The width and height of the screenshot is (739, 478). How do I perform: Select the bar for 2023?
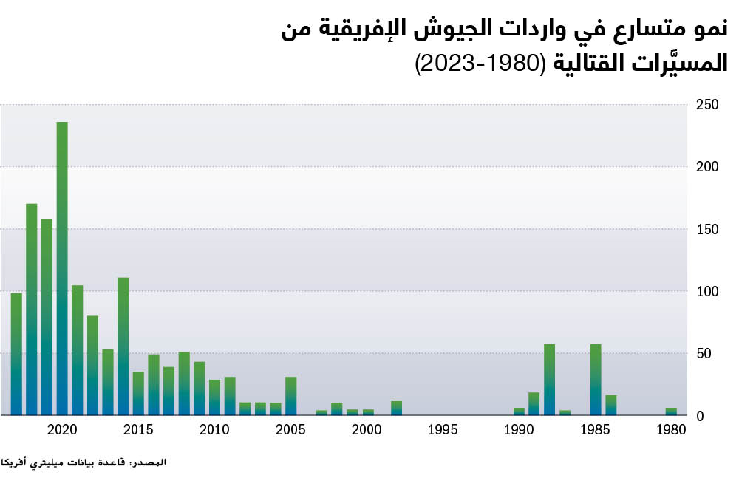pyautogui.click(x=16, y=354)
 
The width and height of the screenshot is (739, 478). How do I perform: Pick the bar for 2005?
pyautogui.click(x=291, y=396)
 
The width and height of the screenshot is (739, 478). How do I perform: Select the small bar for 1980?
pyautogui.click(x=671, y=412)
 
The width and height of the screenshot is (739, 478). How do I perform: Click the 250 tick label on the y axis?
pyautogui.click(x=708, y=105)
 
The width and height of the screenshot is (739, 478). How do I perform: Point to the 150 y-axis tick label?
pyautogui.click(x=708, y=229)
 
